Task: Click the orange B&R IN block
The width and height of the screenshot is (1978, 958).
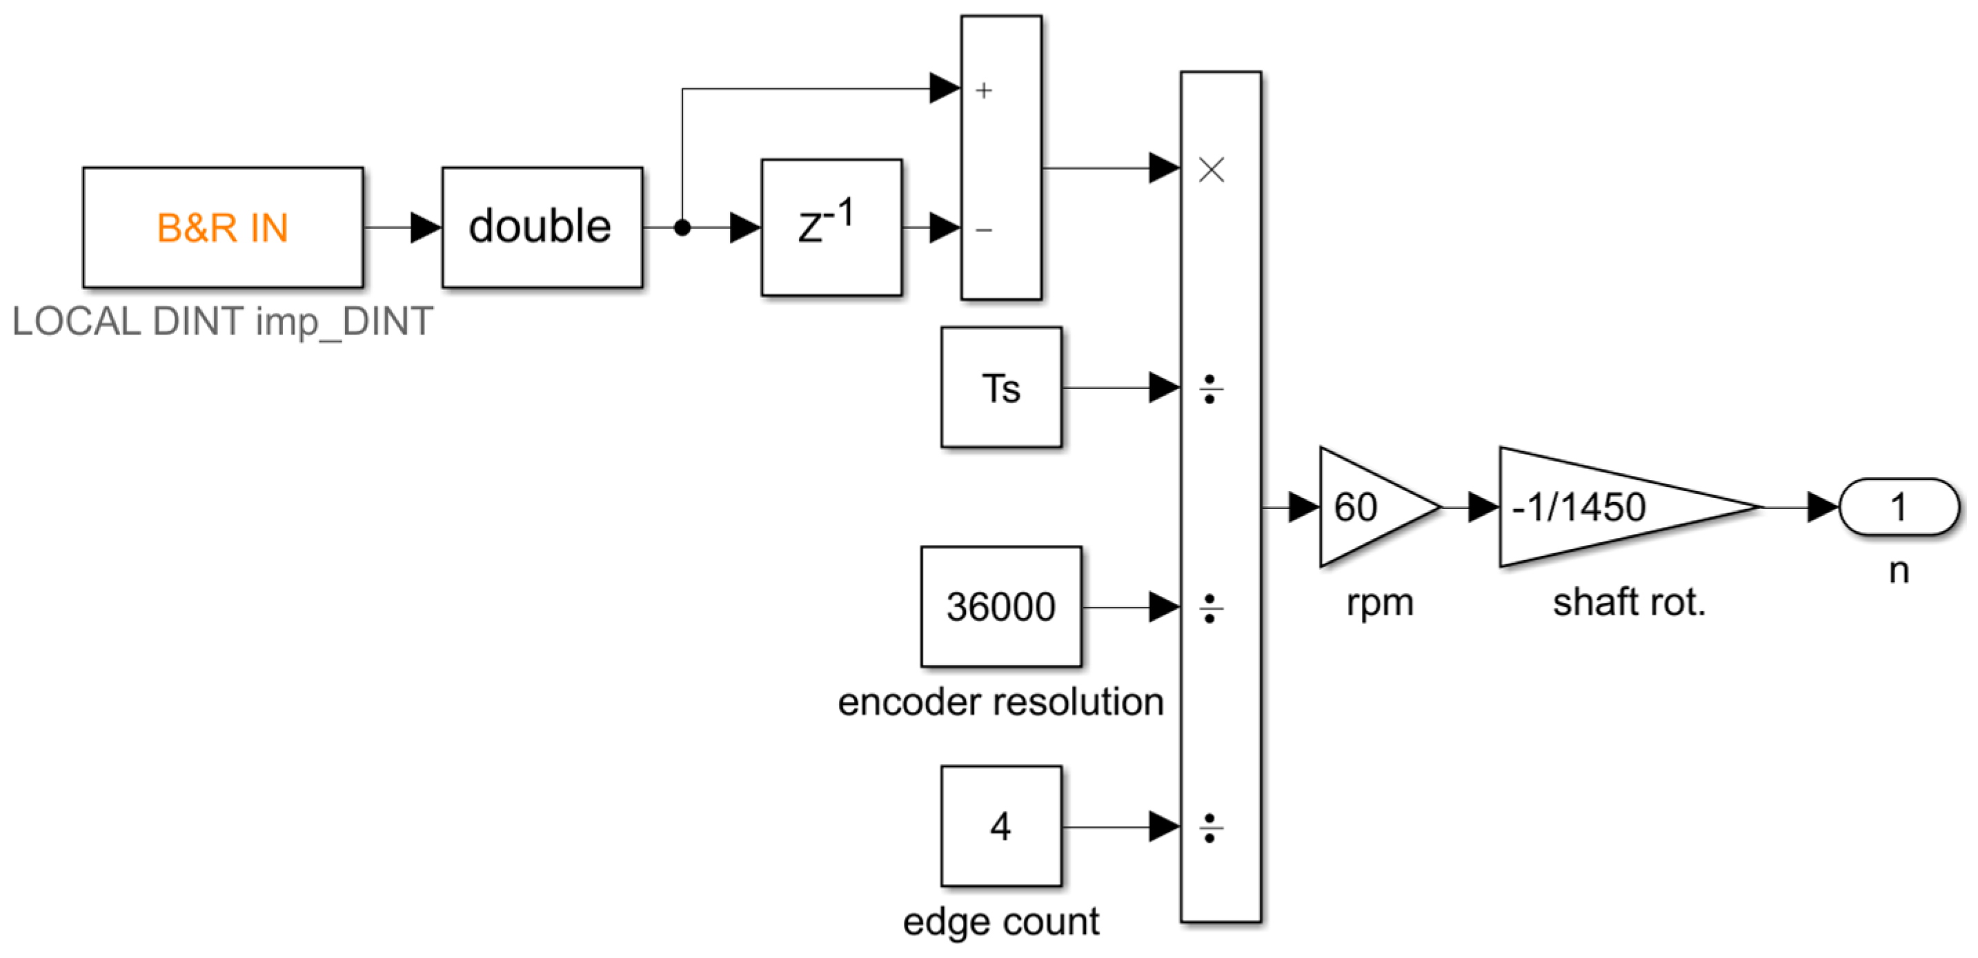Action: click(223, 227)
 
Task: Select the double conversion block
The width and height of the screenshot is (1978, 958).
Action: click(542, 227)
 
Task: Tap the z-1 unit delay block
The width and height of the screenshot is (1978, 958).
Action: click(831, 227)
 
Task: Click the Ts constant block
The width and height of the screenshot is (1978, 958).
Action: click(1000, 388)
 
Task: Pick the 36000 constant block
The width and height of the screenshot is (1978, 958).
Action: click(1000, 606)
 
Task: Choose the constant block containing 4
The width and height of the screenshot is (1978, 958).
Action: click(1000, 826)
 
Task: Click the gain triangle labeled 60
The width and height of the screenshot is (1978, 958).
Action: click(1367, 507)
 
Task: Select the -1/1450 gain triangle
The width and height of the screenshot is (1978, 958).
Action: click(1597, 507)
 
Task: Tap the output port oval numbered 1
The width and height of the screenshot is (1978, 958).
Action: click(1898, 507)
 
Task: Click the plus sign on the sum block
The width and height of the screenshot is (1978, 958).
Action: click(984, 90)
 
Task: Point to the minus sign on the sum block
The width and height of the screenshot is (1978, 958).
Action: click(984, 230)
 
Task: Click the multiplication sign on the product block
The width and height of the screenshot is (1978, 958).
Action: click(1211, 170)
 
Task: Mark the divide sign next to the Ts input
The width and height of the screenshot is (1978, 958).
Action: click(1210, 389)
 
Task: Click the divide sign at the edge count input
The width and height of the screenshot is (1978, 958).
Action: click(1210, 828)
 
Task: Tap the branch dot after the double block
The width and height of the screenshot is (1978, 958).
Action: click(682, 227)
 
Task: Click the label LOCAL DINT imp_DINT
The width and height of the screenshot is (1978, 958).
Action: click(223, 321)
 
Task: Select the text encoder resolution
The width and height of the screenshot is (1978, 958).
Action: click(1000, 701)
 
